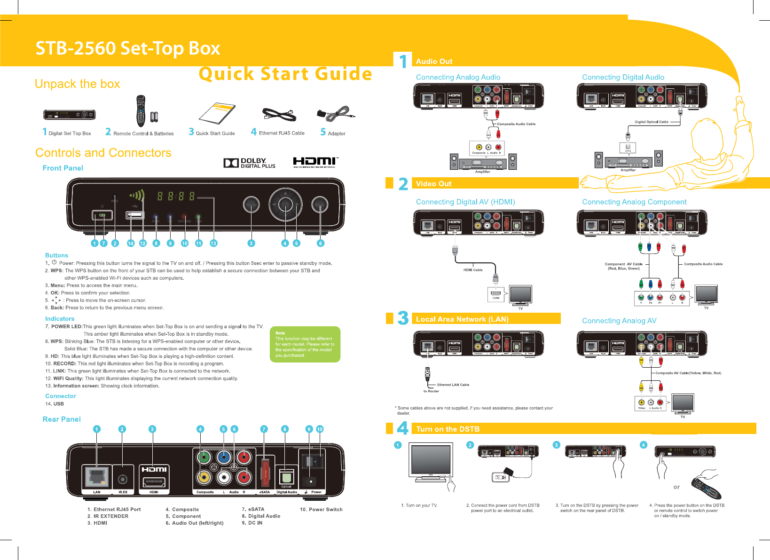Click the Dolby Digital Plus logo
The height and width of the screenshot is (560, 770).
[x=249, y=163]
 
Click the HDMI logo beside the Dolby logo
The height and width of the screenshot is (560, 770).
[x=315, y=162]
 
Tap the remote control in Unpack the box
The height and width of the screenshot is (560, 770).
[x=141, y=111]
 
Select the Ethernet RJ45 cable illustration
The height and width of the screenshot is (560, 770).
[x=279, y=115]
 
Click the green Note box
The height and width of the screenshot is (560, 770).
[x=305, y=344]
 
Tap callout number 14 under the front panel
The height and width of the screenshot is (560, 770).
[x=131, y=243]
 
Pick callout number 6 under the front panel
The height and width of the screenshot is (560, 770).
[x=320, y=243]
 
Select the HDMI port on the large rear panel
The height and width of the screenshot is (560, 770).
[x=154, y=481]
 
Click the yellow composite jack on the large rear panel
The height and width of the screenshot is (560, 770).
[x=204, y=477]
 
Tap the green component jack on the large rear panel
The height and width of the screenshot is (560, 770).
[x=204, y=457]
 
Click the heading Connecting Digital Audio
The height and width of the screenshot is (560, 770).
[x=623, y=77]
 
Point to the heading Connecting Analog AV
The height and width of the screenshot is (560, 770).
[x=619, y=321]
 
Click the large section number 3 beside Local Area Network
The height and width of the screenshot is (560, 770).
[x=403, y=318]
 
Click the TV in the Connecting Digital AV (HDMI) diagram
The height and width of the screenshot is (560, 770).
[x=520, y=295]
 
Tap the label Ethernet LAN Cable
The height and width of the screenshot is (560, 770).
[x=453, y=385]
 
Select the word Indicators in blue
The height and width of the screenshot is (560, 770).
[x=60, y=319]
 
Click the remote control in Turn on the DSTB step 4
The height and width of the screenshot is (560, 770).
[x=706, y=488]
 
